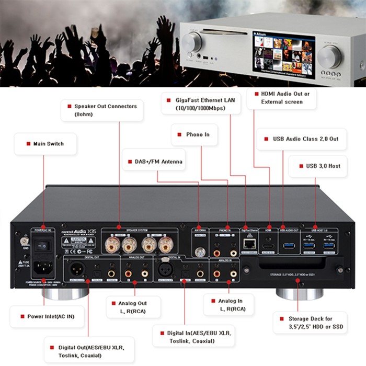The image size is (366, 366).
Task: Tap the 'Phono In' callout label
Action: pyautogui.click(x=197, y=134)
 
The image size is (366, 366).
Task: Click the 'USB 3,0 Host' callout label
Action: pyautogui.click(x=323, y=166)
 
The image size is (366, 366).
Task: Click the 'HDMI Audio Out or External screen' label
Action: pyautogui.click(x=282, y=98)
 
